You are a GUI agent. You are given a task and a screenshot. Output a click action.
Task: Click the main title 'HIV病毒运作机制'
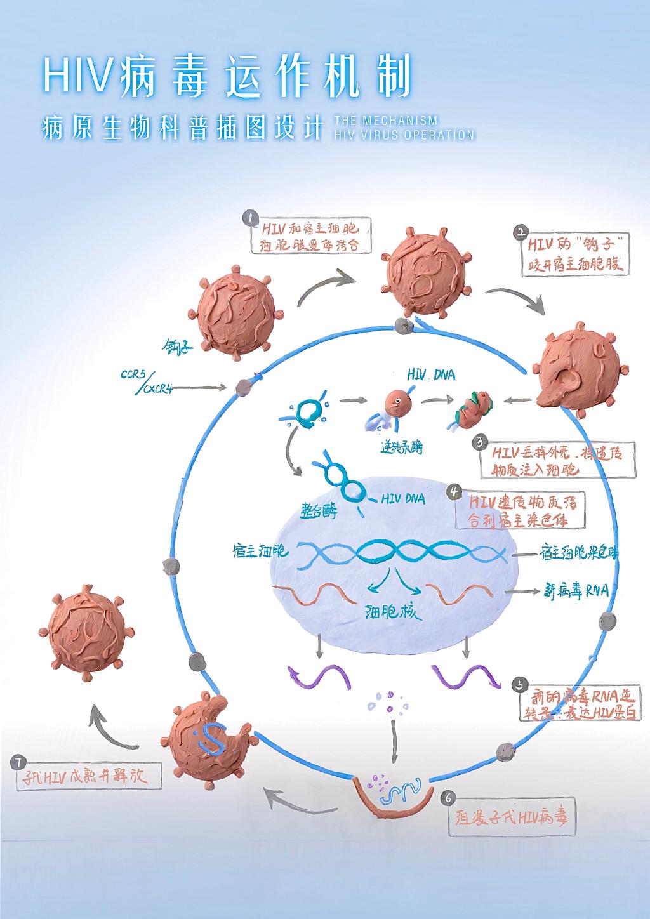click(x=227, y=77)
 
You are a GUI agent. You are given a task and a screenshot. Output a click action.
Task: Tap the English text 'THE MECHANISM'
click(x=385, y=121)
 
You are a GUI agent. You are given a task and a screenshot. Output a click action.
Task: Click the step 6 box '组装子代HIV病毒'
click(x=510, y=816)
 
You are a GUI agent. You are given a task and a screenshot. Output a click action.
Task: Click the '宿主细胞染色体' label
click(x=578, y=553)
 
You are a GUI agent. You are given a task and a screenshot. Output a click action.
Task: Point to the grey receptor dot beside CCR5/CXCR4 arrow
click(x=241, y=386)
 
